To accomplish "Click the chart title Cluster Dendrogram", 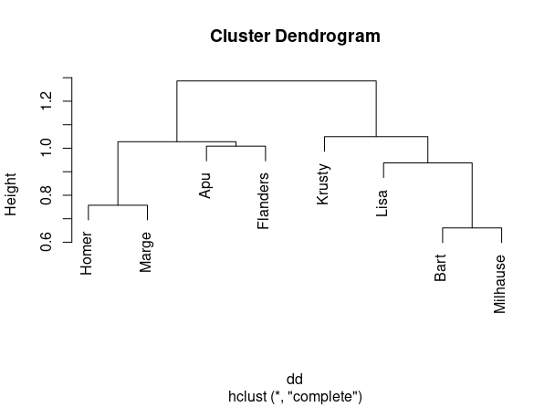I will point(295,37).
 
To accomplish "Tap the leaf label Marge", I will point(146,253).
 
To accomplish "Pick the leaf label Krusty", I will point(323,183).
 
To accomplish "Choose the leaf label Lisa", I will point(382,203).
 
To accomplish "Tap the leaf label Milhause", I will point(500,284).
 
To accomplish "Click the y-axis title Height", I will point(12,194).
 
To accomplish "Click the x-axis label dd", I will point(295,379).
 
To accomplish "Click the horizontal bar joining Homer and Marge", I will point(117,205).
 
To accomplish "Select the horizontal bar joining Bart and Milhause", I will point(471,228).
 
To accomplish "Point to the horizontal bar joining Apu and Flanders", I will point(235,146).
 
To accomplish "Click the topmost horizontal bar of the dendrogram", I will point(276,81).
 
